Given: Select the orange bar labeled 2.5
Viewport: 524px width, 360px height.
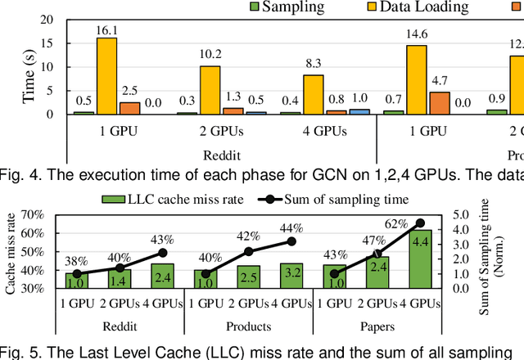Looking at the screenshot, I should pos(129,108).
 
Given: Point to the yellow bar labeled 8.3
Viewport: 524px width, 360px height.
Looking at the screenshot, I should pos(312,94).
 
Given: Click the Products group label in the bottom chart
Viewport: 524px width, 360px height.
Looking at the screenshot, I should pos(247,326).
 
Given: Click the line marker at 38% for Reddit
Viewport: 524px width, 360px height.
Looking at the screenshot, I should pos(78,274).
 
